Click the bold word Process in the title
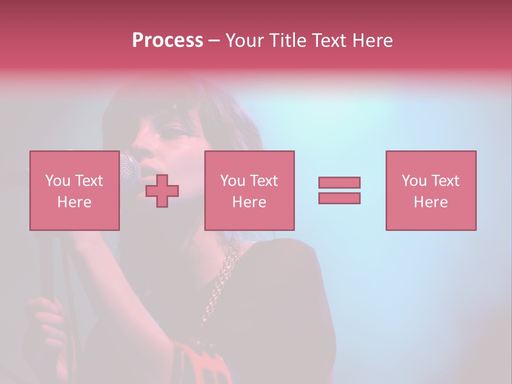[x=167, y=41]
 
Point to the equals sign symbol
[x=339, y=190]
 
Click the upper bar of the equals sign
[x=339, y=182]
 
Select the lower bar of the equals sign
[x=339, y=198]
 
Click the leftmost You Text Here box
[x=74, y=190]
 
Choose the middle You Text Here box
[x=249, y=190]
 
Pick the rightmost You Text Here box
[x=430, y=190]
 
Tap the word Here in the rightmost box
[x=430, y=202]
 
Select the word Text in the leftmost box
[x=89, y=181]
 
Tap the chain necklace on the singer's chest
[x=222, y=283]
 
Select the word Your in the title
[x=245, y=41]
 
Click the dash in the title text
[x=214, y=41]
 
